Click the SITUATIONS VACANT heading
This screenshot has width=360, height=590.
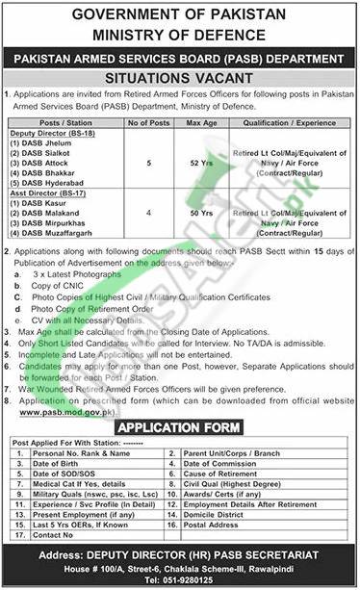tap(180, 75)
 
